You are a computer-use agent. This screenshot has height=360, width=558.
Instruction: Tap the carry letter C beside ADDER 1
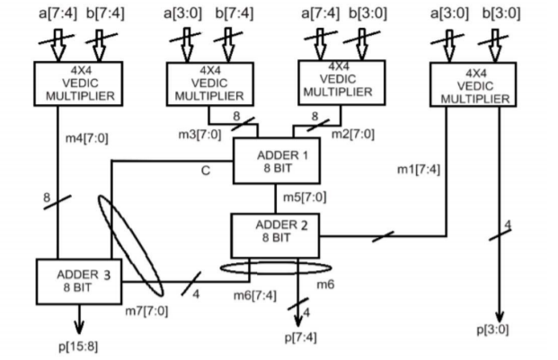[x=204, y=170]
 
